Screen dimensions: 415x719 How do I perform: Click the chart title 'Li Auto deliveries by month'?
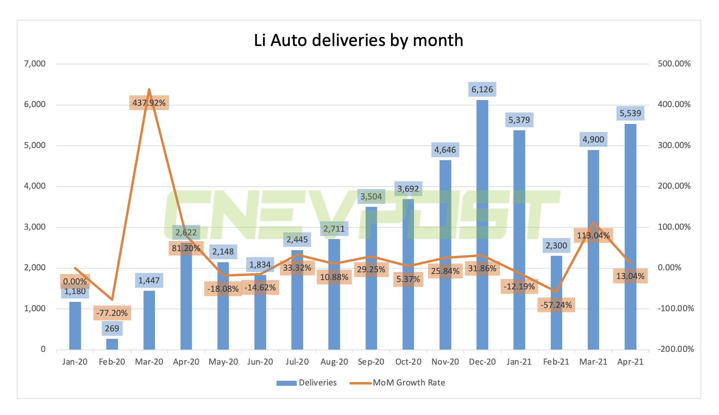pos(358,41)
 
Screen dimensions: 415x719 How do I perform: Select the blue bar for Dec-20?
pos(482,225)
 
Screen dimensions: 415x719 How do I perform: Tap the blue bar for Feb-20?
pos(112,344)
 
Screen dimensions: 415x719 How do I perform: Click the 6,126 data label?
pos(482,90)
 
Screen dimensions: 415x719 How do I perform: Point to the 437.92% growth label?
pos(149,103)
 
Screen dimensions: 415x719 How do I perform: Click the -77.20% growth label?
pos(112,313)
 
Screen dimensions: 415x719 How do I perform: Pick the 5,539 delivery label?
pos(630,113)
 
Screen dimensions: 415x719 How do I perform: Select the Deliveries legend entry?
pos(306,383)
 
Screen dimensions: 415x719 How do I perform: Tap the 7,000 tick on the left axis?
pos(35,64)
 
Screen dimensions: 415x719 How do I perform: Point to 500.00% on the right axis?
pos(674,64)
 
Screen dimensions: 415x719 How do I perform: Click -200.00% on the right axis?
pos(675,349)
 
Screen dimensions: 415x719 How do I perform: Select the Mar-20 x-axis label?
pos(149,362)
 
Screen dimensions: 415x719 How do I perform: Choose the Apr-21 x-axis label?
pos(630,362)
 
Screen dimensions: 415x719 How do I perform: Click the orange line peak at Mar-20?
pos(149,90)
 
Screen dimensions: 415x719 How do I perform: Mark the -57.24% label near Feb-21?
pos(556,305)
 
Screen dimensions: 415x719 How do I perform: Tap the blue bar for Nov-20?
pos(445,255)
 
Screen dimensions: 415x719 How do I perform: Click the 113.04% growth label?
pos(593,236)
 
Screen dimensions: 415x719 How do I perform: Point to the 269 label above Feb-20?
pos(112,328)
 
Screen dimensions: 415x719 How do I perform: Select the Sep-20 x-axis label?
pos(371,362)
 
